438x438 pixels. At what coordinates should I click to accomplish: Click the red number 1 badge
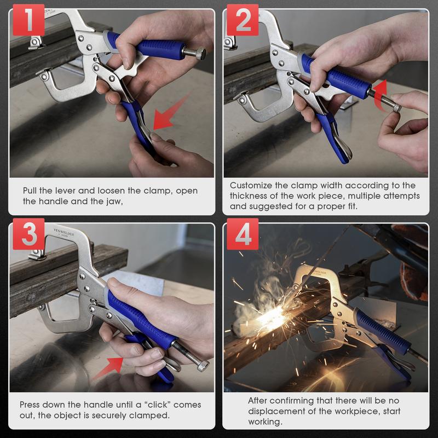pos(28,20)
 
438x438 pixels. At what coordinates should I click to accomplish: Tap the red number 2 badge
pos(243,20)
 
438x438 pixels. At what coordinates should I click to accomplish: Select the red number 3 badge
pos(28,234)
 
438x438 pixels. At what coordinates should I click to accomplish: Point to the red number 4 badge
pos(243,234)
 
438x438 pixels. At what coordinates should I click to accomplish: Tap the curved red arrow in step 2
pos(381,94)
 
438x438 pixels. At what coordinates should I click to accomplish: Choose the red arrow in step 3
pos(109,367)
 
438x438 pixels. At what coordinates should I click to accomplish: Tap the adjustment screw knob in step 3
pos(203,366)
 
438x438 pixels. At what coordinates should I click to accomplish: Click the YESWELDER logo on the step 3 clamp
pos(64,232)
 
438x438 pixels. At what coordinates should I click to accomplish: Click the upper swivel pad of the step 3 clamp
pos(37,255)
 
